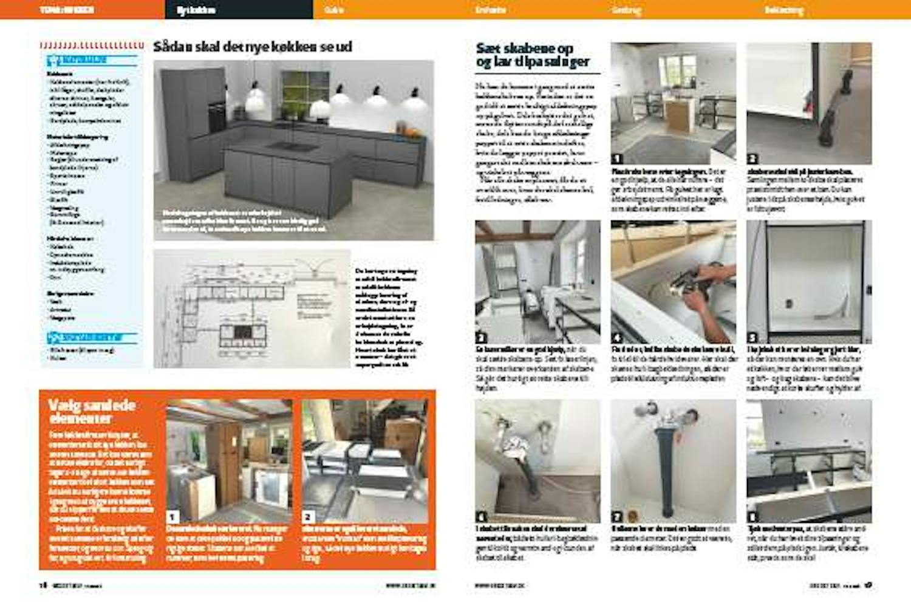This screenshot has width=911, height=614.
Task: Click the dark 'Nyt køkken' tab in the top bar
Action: (196, 10)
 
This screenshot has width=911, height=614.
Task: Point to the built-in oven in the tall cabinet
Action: (216, 118)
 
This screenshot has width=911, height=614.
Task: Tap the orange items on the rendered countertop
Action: (413, 131)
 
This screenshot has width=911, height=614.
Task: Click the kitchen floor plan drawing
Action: (252, 309)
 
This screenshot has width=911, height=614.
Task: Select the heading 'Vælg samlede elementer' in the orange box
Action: (92, 411)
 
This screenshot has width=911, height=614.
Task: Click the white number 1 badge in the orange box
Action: (173, 516)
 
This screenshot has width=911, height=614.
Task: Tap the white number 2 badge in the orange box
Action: (309, 516)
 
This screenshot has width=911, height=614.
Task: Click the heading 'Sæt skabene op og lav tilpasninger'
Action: (533, 55)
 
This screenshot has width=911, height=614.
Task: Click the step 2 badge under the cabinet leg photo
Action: (752, 159)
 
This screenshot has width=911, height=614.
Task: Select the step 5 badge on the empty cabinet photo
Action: (752, 338)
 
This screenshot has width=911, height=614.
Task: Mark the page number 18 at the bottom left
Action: (43, 585)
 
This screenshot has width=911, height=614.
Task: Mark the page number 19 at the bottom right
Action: (868, 585)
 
